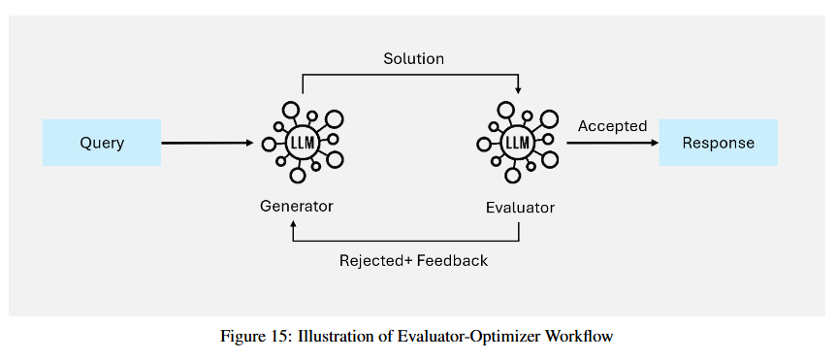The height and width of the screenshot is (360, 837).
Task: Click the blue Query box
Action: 102,143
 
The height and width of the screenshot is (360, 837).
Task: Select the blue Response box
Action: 718,143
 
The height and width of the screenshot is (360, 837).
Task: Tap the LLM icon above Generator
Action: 304,142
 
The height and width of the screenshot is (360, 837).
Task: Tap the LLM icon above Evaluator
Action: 518,142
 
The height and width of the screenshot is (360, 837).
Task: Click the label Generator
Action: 296,206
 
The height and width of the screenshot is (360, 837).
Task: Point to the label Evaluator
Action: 520,208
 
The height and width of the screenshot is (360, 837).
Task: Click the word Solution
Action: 414,59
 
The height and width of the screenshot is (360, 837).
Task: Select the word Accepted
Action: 612,126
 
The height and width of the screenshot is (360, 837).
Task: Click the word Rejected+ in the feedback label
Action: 375,261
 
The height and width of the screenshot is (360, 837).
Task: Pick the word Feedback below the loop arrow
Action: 453,261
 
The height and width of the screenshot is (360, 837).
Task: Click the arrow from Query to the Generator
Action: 208,144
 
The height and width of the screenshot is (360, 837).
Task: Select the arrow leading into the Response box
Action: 613,144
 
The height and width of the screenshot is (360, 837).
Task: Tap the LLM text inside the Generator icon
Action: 304,143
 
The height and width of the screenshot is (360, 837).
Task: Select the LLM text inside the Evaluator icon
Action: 518,143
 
